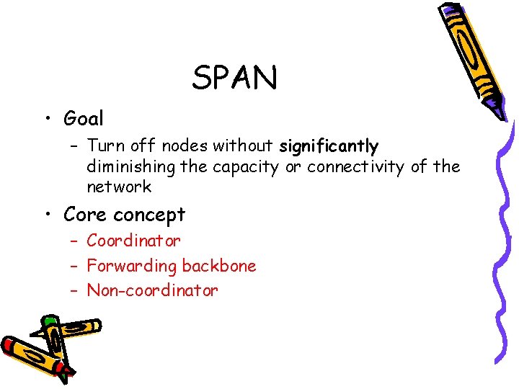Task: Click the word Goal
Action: coord(84,118)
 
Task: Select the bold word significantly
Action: coord(329,147)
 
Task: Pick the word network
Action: coord(119,187)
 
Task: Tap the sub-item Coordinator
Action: coord(133,241)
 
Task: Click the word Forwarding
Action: coord(131,267)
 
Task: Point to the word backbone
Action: coord(219,266)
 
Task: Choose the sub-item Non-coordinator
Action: coord(152,291)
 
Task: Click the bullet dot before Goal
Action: coord(45,119)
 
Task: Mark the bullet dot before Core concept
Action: coord(45,215)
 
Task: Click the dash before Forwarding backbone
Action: coord(74,267)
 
